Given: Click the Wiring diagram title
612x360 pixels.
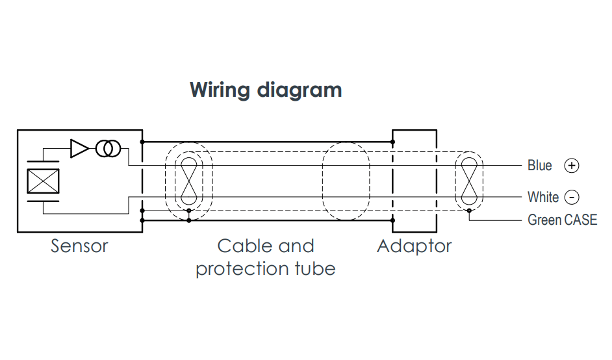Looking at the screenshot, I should [265, 90].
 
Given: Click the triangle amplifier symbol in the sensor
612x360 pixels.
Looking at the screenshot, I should [79, 149].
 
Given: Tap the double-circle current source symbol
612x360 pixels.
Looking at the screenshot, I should [107, 149].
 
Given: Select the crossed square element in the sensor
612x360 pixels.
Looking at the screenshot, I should [43, 181].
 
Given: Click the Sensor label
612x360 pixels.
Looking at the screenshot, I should [79, 246].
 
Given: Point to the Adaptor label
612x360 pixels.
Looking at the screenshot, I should [414, 246].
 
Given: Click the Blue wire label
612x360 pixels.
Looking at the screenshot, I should [539, 166].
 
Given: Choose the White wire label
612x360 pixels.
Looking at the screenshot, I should [542, 197].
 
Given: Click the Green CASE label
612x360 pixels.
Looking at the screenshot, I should [561, 220].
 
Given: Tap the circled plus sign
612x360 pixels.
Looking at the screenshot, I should [572, 166].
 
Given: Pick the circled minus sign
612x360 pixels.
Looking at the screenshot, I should [572, 197].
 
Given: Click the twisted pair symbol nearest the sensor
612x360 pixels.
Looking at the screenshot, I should [189, 180].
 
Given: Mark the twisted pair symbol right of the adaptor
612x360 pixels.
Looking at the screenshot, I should [469, 180].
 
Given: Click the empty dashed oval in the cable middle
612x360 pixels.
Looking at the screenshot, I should [346, 180].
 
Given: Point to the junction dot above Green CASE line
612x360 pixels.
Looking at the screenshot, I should [469, 211].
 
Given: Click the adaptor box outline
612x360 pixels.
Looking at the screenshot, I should [414, 134].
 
